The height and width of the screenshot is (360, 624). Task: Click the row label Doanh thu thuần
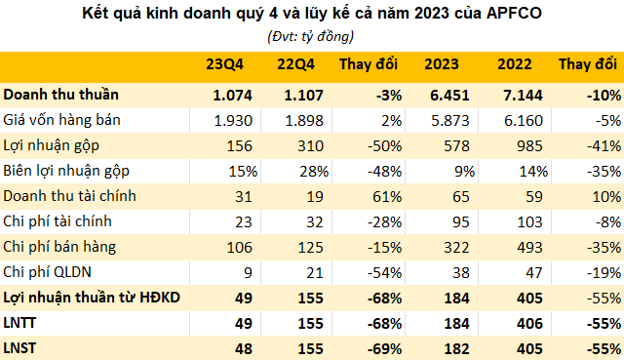click(x=61, y=95)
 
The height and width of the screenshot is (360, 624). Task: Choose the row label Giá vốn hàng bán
click(x=58, y=120)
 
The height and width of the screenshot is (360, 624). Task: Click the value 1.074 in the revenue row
click(x=232, y=95)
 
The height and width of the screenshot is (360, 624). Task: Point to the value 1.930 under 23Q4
click(x=232, y=120)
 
